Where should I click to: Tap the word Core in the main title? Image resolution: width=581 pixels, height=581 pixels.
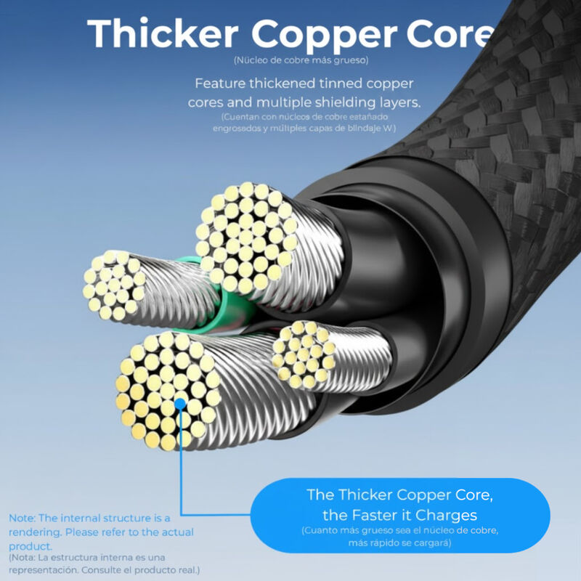coord(445,34)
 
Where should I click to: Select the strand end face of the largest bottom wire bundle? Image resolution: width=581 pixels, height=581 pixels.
coord(168,390)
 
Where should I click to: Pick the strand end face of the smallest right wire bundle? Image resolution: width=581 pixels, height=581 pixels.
coord(304,354)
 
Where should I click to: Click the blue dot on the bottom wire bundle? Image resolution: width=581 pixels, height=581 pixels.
coord(179,402)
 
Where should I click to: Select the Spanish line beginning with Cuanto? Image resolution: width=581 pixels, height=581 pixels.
coord(399,532)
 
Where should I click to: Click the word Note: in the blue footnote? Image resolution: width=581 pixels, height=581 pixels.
coord(23,518)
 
